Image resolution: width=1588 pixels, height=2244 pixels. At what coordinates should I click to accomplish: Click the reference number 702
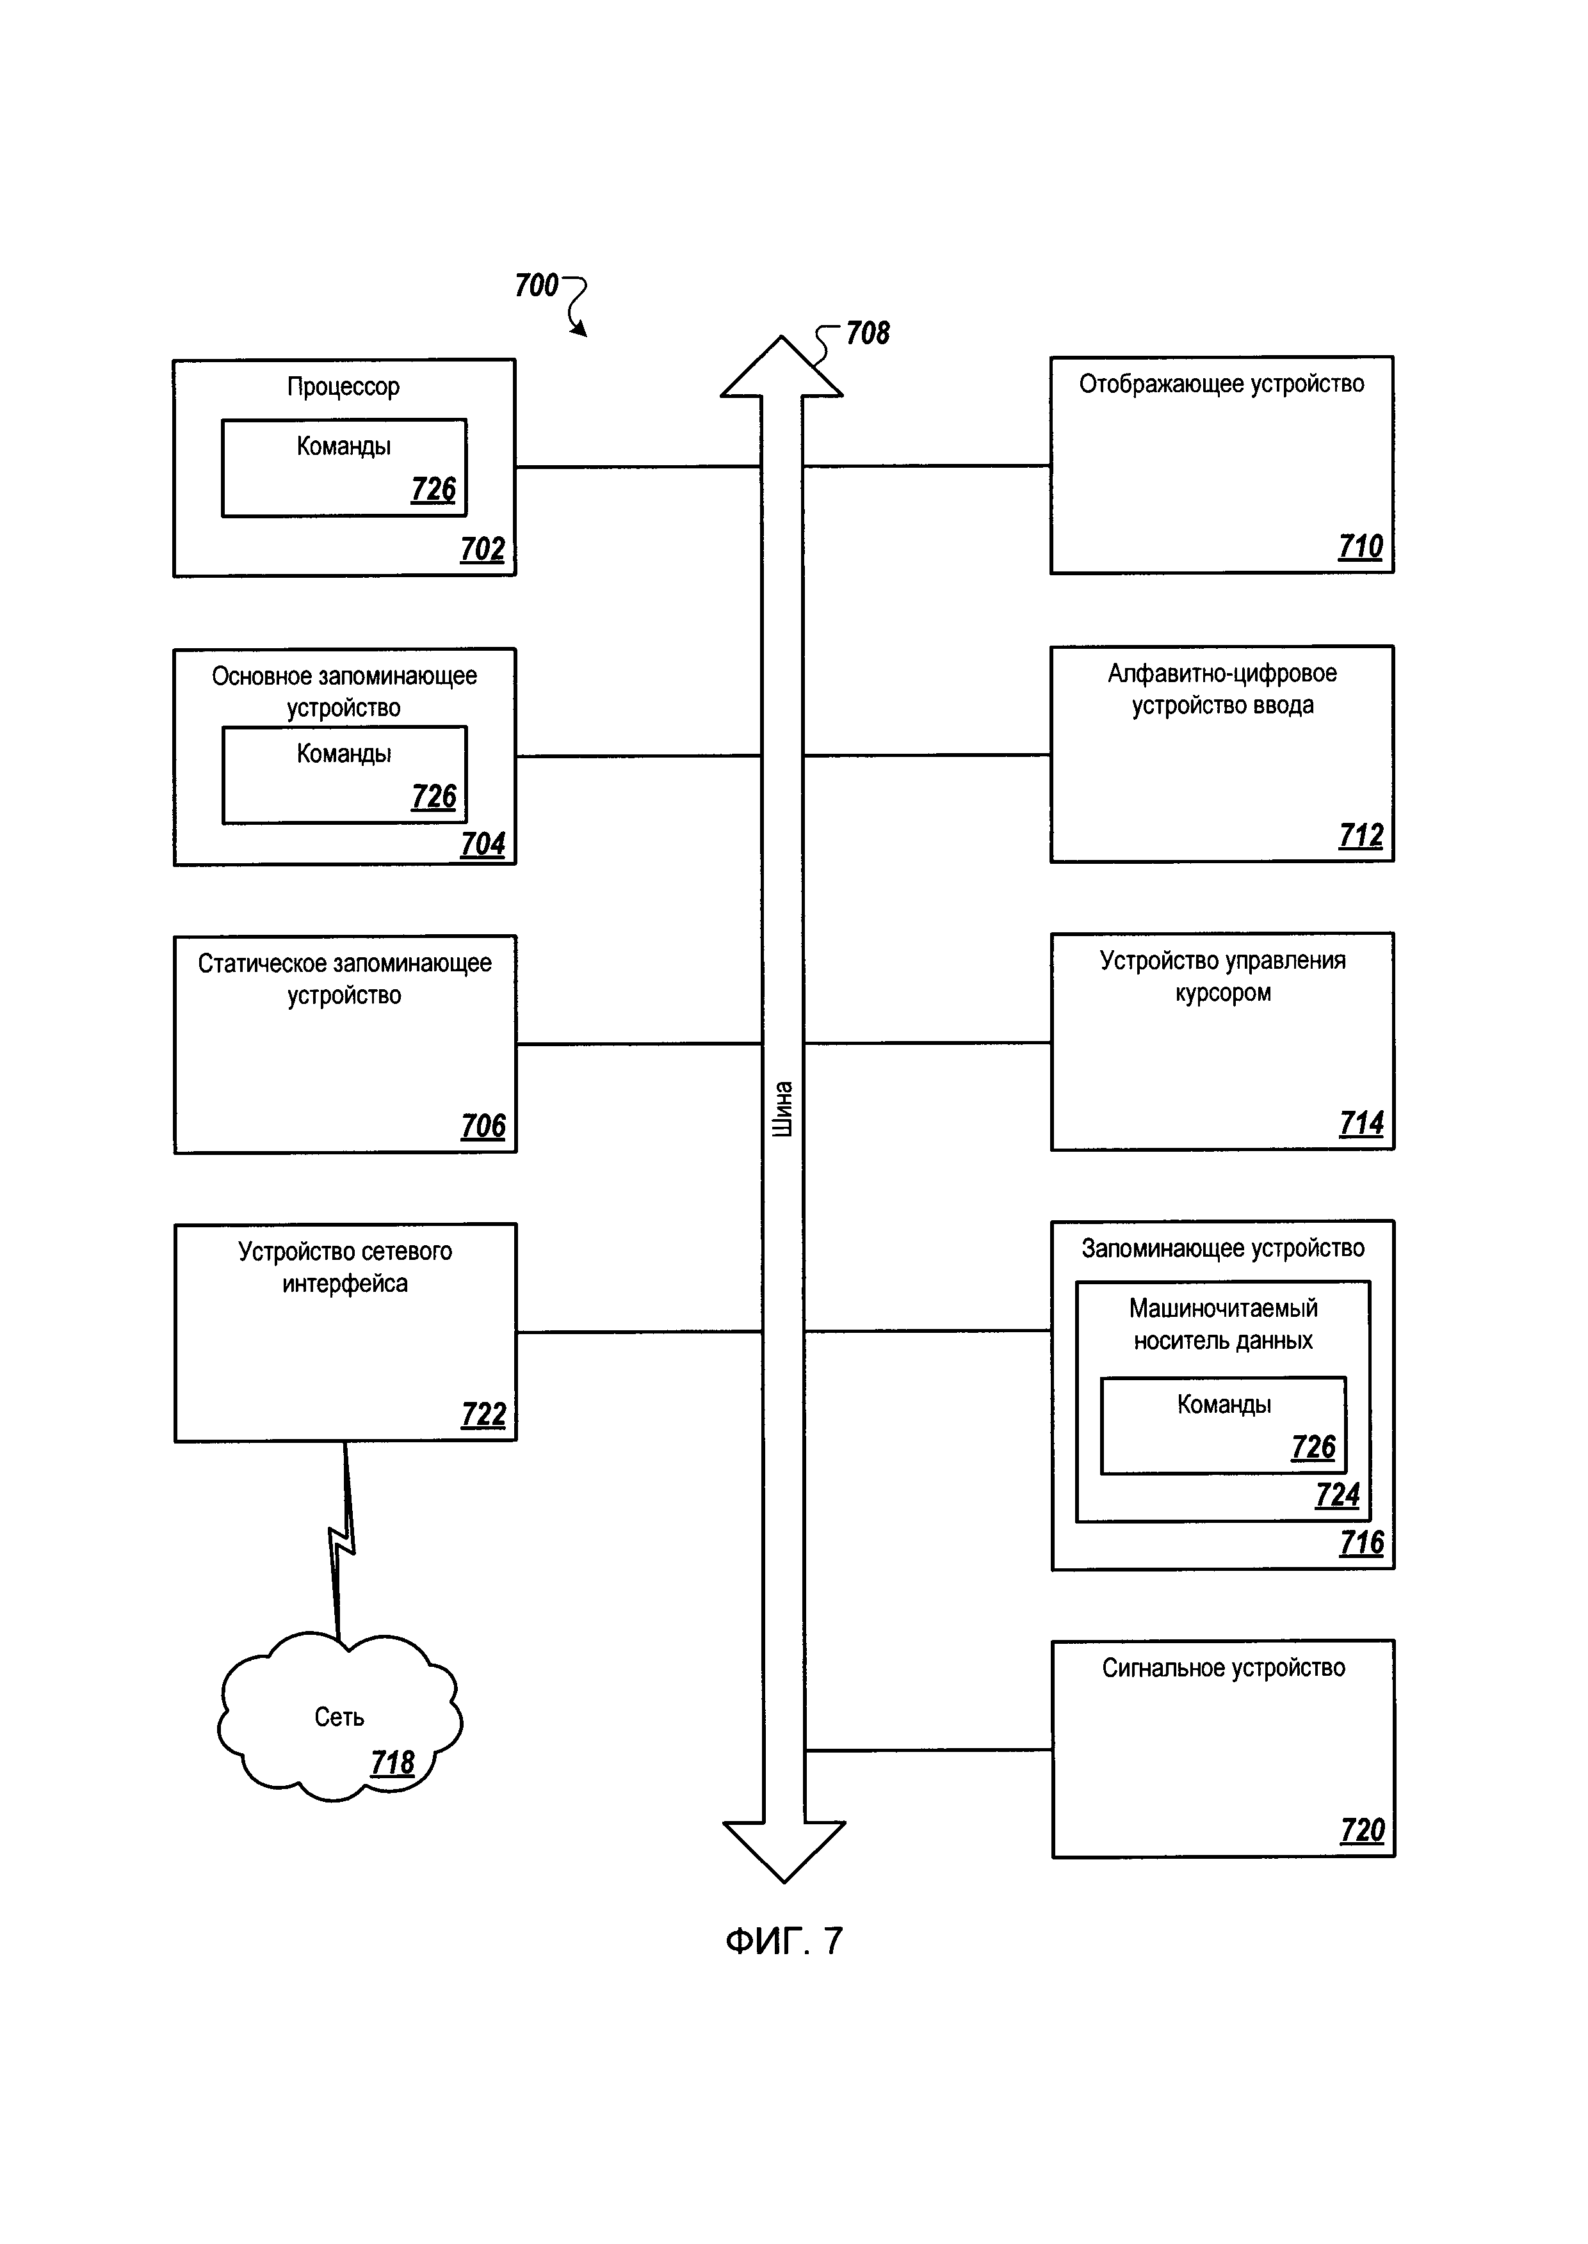point(482,549)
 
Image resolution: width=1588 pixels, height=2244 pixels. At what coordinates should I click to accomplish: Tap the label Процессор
point(343,387)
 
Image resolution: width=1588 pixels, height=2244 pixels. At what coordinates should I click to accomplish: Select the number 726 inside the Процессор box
point(433,489)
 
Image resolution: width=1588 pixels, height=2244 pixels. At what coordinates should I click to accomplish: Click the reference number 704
point(482,843)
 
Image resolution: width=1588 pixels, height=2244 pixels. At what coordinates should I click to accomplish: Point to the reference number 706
point(483,1126)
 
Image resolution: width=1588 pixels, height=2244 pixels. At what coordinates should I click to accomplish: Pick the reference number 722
point(483,1414)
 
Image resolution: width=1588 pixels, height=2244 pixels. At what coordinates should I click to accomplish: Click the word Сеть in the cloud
point(338,1717)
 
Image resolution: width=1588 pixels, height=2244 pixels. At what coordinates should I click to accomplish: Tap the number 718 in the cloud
point(392,1762)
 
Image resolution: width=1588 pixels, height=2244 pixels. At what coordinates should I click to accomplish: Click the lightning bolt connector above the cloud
point(342,1543)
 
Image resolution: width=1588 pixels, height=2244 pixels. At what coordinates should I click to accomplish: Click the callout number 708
point(868,333)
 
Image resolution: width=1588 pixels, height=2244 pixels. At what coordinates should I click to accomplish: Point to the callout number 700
point(536,285)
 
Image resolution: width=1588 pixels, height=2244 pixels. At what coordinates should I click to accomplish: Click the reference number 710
point(1360,546)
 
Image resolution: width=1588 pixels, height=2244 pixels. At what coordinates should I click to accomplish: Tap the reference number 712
point(1360,836)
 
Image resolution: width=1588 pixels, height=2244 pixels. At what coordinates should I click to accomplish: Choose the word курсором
point(1222,993)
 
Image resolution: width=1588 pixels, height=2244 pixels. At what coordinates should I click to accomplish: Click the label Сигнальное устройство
point(1222,1668)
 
